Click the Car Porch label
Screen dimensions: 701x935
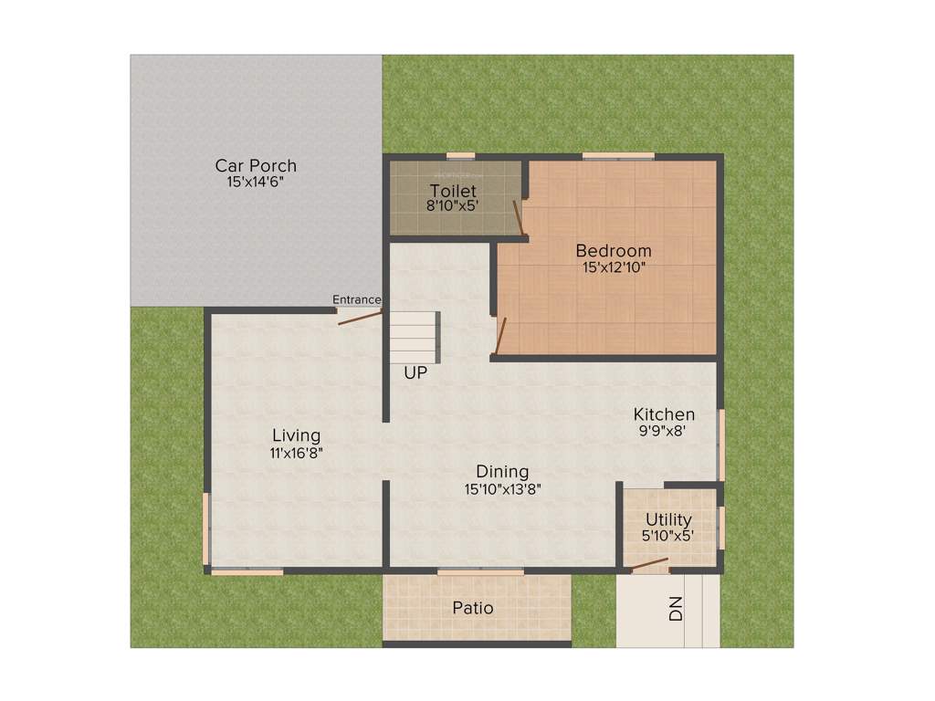point(256,165)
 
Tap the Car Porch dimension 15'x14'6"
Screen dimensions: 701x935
point(256,182)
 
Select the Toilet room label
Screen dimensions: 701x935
point(454,191)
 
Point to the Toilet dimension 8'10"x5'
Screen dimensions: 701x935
point(454,206)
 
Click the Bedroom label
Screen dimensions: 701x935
point(614,251)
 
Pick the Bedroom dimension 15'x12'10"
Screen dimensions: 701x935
point(614,267)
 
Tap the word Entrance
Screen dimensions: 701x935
point(356,299)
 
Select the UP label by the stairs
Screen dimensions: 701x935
point(415,372)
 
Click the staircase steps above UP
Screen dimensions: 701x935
point(414,337)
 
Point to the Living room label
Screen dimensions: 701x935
point(297,435)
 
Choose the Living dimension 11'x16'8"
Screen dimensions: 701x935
point(297,452)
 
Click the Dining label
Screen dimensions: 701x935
point(502,472)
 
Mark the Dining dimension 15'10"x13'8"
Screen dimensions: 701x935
point(502,488)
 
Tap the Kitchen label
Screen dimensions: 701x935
point(664,414)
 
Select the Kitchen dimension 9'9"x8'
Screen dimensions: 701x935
point(664,431)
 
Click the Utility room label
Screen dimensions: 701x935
point(668,520)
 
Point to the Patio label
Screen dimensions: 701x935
point(473,608)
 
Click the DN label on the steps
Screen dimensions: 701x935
point(676,609)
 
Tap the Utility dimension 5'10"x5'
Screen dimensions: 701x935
point(668,537)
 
